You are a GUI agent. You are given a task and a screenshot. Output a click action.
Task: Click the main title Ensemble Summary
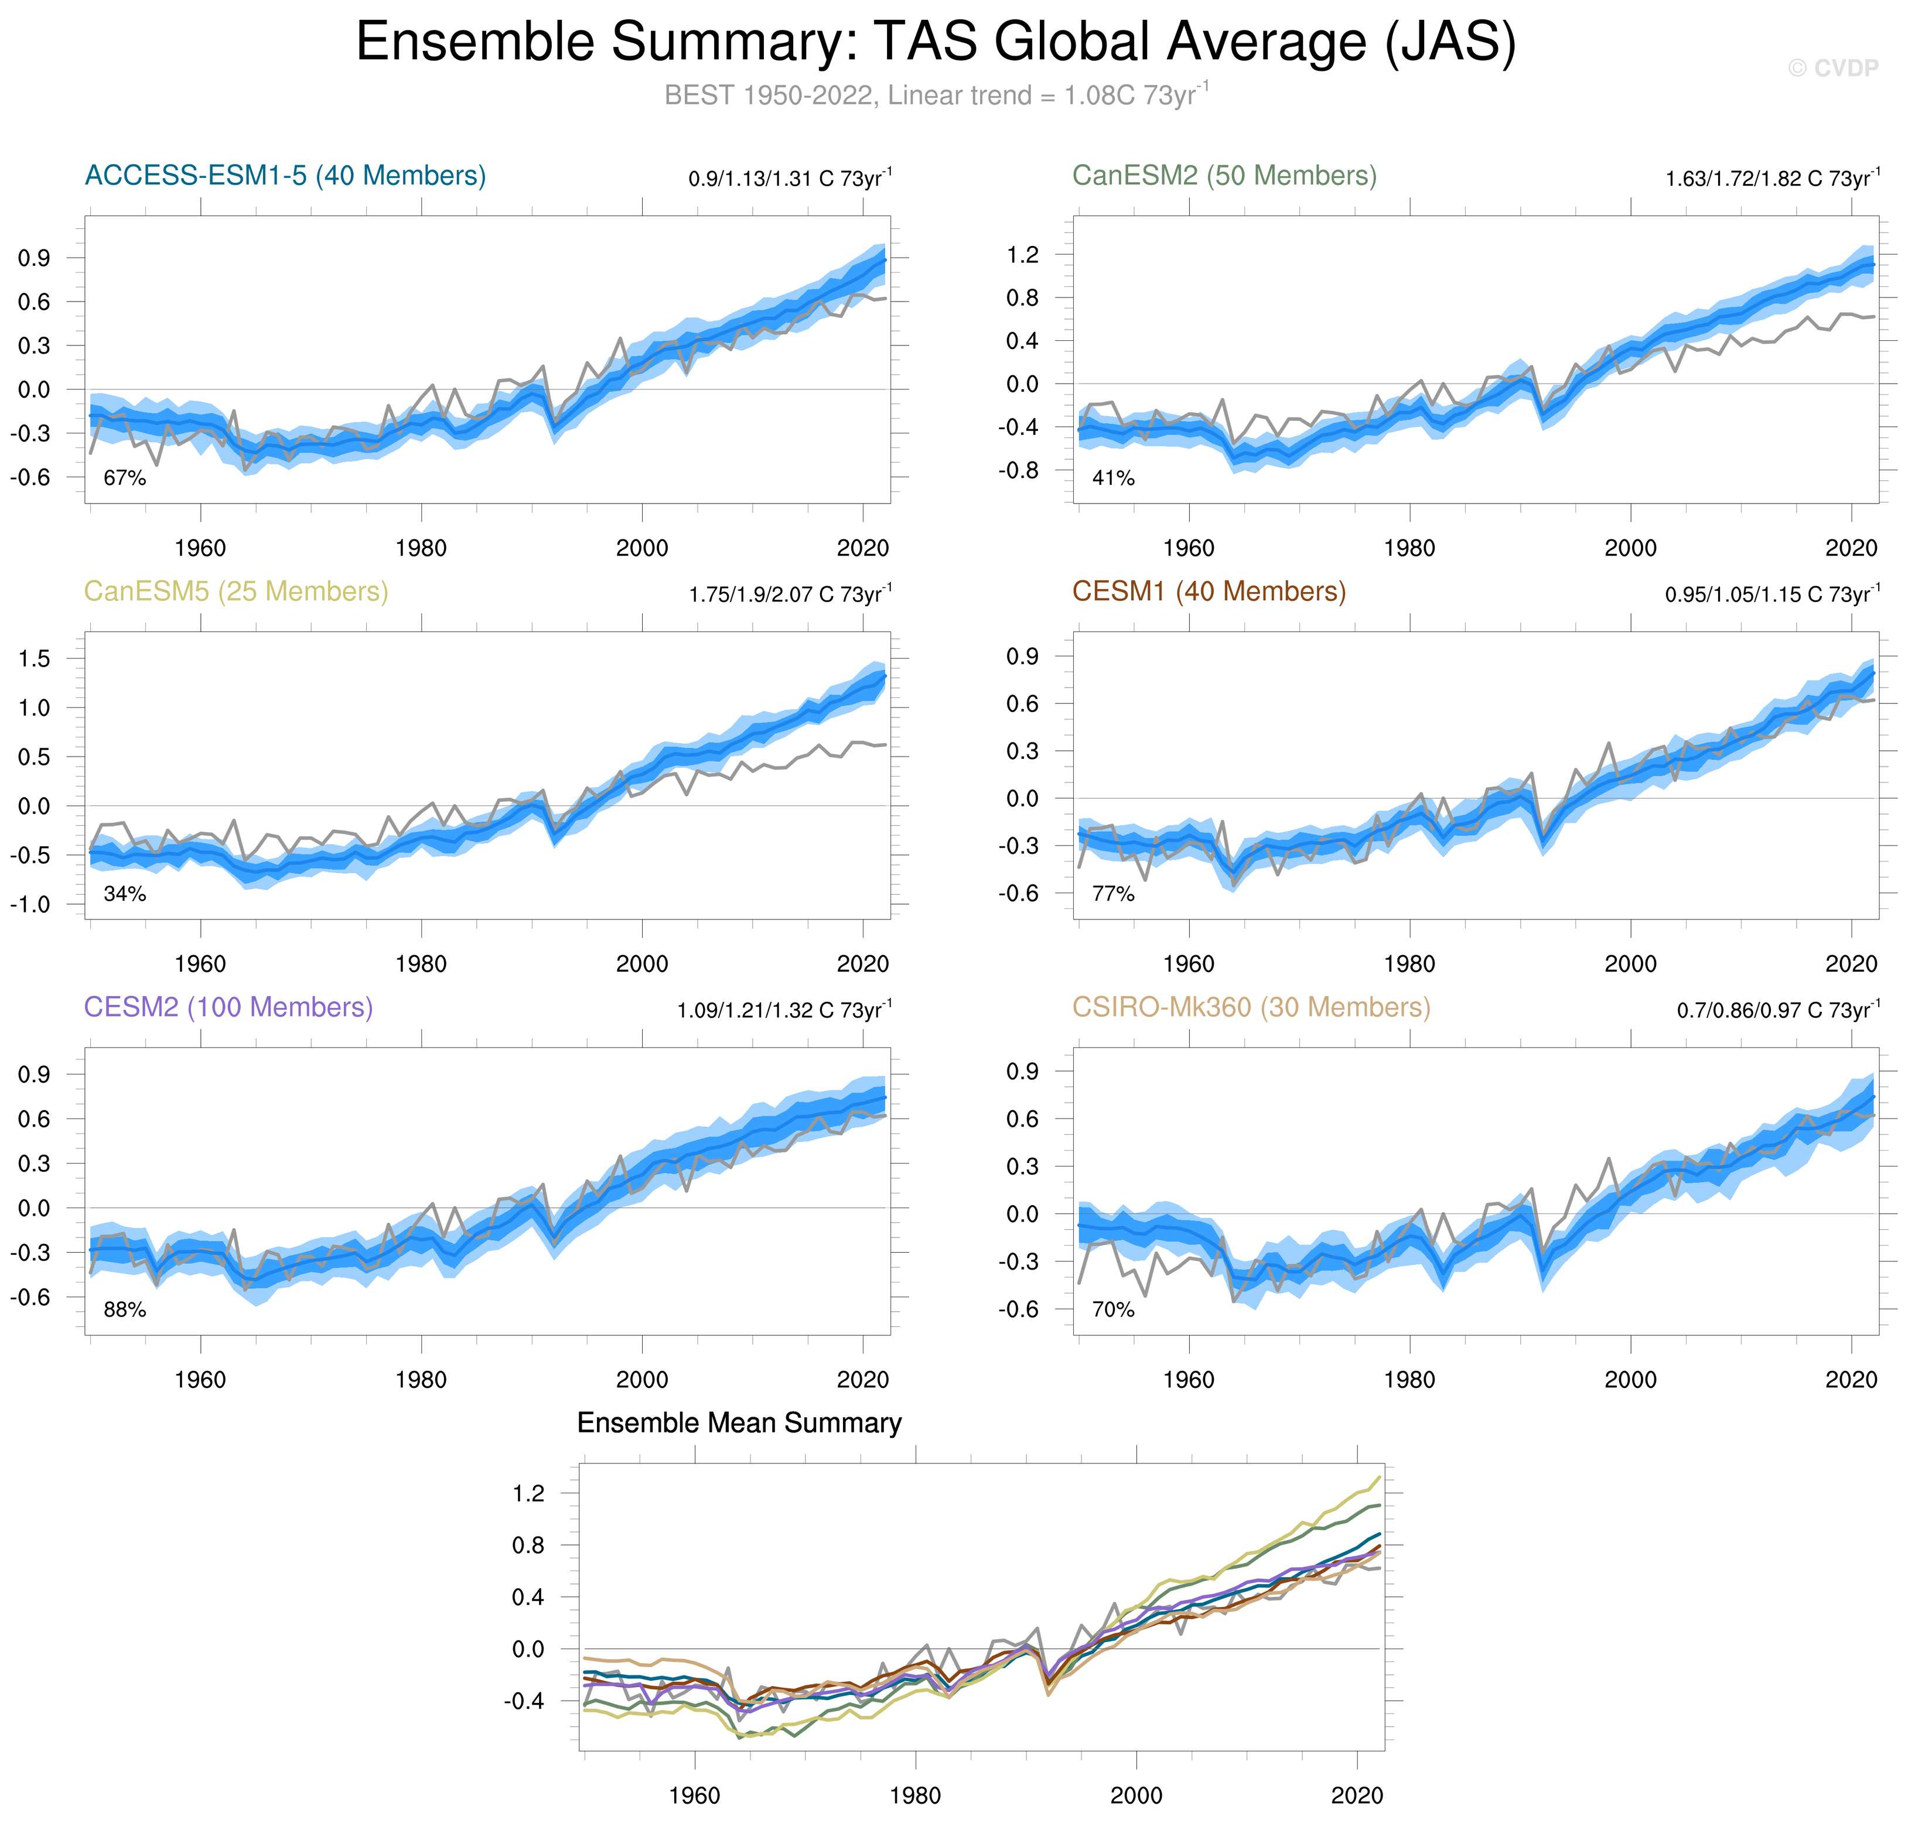coord(935,43)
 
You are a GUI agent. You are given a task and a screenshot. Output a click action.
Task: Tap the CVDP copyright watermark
coord(1832,68)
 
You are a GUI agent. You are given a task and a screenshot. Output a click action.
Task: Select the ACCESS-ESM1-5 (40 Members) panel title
coord(285,176)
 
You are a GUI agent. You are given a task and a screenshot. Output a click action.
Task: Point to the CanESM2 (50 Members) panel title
coord(1224,176)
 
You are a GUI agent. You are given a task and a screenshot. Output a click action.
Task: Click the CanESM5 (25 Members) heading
coord(236,592)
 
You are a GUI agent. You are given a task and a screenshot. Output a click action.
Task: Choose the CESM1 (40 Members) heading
coord(1208,592)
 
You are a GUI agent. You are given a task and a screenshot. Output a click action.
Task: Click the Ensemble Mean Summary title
coord(739,1424)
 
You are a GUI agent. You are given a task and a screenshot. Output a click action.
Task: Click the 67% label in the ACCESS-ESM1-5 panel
coord(124,478)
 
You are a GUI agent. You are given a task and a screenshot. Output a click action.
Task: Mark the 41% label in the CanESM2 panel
coord(1113,478)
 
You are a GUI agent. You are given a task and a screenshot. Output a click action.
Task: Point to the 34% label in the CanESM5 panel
coord(124,894)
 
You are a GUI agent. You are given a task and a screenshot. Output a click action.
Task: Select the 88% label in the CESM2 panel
coord(124,1310)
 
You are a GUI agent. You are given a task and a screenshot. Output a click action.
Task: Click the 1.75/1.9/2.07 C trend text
coord(789,594)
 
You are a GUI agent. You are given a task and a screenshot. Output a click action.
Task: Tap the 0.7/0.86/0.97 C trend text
coord(1778,1010)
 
